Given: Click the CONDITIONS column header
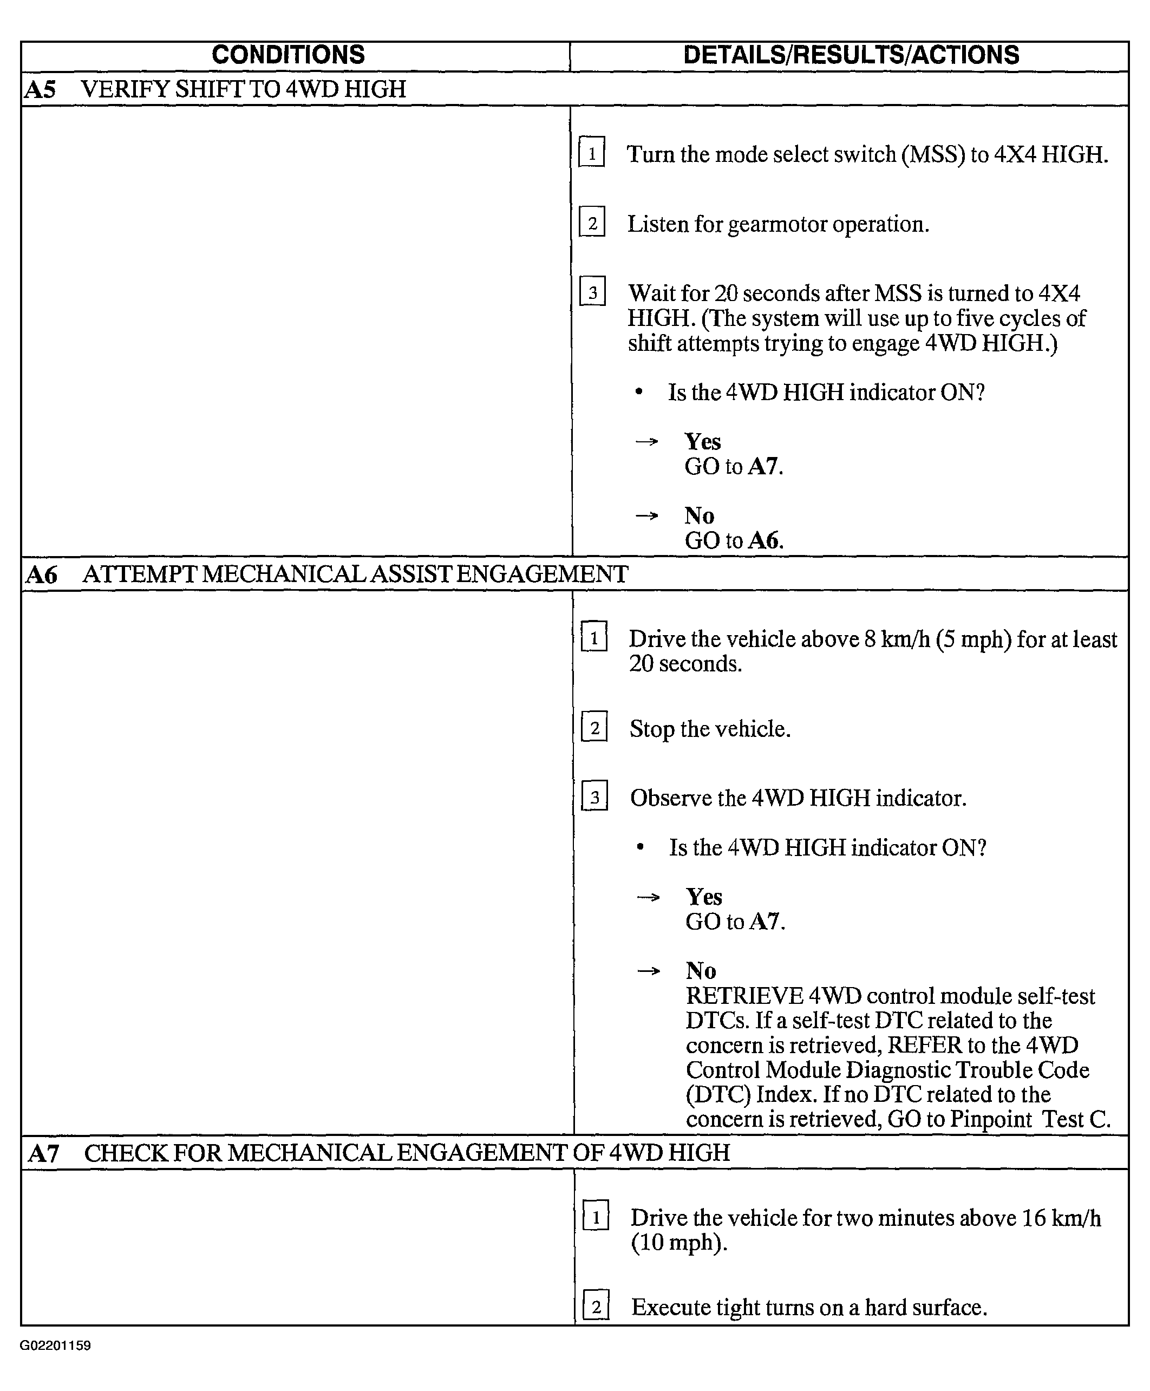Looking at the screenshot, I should (x=288, y=55).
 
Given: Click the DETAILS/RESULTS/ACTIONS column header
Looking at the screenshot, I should (x=851, y=55).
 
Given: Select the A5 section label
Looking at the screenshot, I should (x=40, y=89).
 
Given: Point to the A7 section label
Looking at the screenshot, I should (x=44, y=1154).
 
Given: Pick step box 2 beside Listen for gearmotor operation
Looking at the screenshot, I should (x=592, y=223).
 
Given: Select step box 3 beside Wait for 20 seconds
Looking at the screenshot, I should (x=592, y=292).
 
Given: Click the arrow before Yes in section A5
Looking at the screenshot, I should (x=646, y=442).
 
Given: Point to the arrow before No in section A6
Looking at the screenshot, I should (x=648, y=971).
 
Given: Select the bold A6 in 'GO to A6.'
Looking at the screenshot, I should (x=764, y=540).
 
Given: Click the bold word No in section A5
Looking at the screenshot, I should (x=699, y=515).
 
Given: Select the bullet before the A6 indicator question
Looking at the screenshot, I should (x=639, y=848).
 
